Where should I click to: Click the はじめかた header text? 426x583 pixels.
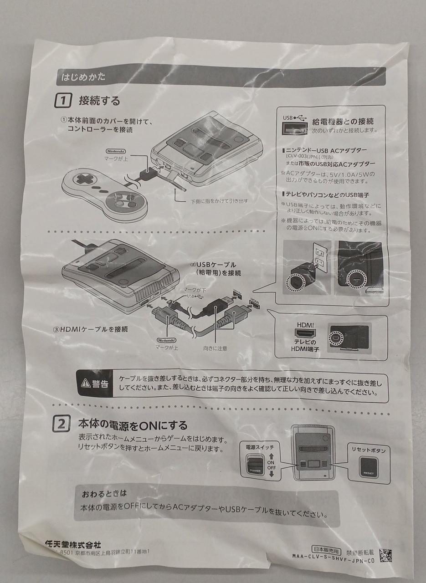click(83, 77)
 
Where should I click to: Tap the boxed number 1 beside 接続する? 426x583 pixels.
click(63, 100)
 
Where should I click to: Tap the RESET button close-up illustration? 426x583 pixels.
click(369, 467)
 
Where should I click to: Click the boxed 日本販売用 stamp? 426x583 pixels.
click(327, 550)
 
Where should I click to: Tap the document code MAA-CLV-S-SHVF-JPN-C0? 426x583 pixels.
click(333, 561)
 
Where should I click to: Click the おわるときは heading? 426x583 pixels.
click(104, 493)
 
